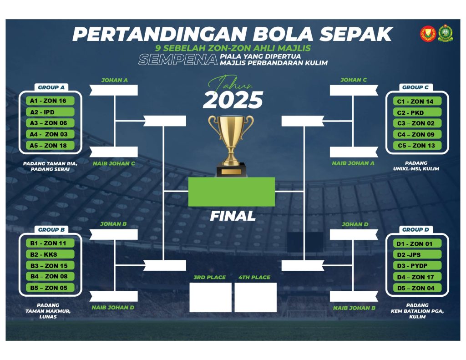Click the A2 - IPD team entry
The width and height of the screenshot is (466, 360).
(50, 112)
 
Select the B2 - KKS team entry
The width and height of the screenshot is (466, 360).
(50, 254)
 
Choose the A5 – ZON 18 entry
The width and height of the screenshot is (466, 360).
(50, 146)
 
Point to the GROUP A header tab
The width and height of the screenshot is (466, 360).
(51, 87)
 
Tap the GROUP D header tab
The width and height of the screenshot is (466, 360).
(415, 229)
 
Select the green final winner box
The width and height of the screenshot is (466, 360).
(232, 192)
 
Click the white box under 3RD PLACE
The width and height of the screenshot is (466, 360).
(210, 297)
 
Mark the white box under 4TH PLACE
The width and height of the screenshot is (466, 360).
(256, 297)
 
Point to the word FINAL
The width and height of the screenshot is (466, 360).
(233, 216)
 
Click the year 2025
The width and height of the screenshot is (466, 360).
(233, 100)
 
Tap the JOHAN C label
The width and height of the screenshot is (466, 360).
(354, 80)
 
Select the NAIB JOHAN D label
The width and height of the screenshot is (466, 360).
(113, 307)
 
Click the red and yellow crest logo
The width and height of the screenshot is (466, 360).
(428, 34)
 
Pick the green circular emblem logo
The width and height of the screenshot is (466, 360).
(445, 33)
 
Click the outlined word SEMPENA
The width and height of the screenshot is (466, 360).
(178, 60)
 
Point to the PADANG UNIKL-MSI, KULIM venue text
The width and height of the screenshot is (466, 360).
(416, 166)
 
